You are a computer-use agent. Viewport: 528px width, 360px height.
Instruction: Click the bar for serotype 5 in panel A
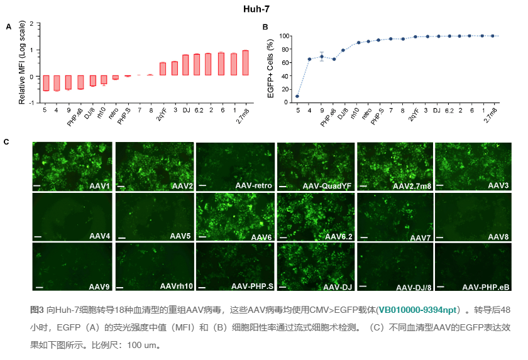tap(46, 83)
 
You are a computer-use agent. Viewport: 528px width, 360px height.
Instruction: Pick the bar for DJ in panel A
tap(185, 65)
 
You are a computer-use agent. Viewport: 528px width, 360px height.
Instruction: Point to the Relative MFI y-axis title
tap(21, 63)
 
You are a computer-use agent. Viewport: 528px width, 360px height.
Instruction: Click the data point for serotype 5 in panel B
tap(297, 96)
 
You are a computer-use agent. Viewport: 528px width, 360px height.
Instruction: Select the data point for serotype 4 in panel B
tap(309, 59)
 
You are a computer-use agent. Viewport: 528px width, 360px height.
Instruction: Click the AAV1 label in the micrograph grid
tap(99, 187)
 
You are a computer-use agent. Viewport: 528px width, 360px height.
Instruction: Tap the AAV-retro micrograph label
tap(255, 187)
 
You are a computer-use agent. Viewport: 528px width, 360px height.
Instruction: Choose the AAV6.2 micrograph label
tap(338, 236)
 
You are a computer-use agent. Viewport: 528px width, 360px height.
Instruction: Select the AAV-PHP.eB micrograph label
tap(487, 287)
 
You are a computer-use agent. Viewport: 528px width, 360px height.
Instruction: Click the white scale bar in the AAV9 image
tap(38, 286)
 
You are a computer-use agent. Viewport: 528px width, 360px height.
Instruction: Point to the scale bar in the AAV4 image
tap(38, 236)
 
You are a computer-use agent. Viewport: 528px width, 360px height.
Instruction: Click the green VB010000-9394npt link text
tap(418, 310)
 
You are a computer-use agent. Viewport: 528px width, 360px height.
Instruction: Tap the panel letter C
tap(6, 141)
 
